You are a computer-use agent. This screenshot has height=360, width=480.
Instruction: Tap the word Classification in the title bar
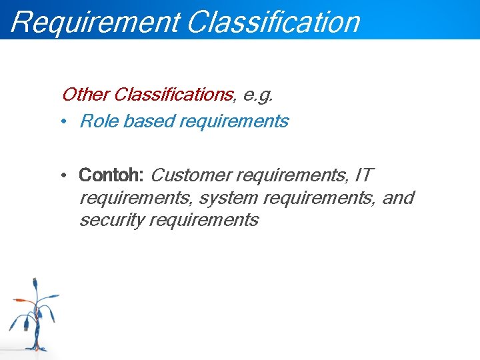click(x=273, y=21)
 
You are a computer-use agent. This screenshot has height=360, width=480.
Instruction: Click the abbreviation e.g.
click(x=258, y=95)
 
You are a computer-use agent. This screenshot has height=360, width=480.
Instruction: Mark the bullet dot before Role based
click(x=61, y=122)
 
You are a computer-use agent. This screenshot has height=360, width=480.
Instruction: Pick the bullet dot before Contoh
click(x=61, y=176)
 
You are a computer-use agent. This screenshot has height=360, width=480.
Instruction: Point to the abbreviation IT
click(x=364, y=175)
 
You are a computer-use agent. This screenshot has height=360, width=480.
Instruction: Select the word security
click(x=112, y=221)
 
